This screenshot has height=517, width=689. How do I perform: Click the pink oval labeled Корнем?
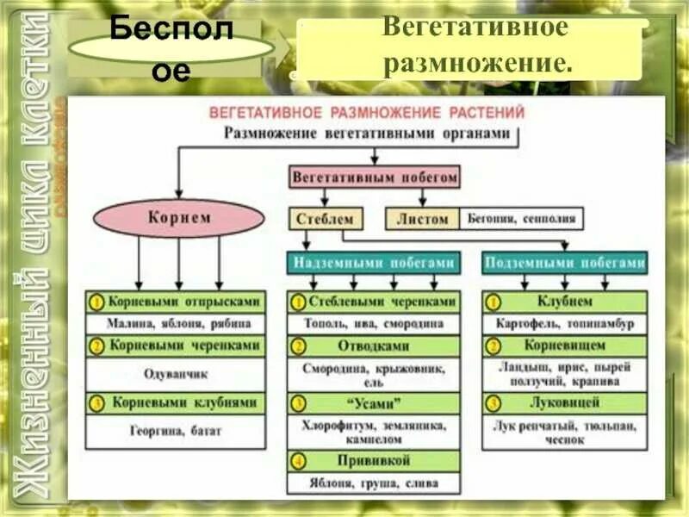pyautogui.click(x=177, y=218)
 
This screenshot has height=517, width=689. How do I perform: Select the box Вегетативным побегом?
pyautogui.click(x=375, y=178)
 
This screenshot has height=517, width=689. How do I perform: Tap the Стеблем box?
pyautogui.click(x=325, y=219)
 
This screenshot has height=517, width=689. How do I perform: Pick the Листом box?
pyautogui.click(x=423, y=219)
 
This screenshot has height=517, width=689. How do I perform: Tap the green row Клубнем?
pyautogui.click(x=564, y=302)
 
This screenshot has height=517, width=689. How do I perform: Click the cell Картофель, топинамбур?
pyautogui.click(x=564, y=325)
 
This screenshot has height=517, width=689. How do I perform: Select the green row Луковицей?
pyautogui.click(x=564, y=402)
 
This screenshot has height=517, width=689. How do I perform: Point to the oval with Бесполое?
pyautogui.click(x=171, y=48)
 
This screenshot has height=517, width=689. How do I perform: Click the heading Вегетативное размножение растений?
pyautogui.click(x=367, y=113)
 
